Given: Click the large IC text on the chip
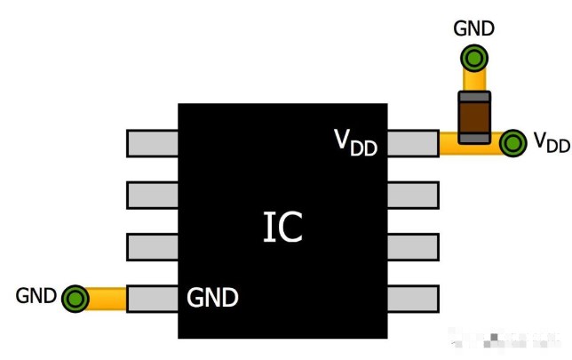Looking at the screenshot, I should pos(283,228).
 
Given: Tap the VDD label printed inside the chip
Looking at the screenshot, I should pos(355,141).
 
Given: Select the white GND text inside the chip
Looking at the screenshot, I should pos(212,298).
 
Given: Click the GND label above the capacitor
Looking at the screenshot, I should pos(473,28).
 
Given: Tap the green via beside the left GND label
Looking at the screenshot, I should pos(75,298).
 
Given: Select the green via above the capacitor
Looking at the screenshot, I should pos(474,60).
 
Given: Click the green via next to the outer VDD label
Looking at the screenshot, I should pos(512,143).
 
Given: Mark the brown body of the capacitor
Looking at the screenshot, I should pos(474,115).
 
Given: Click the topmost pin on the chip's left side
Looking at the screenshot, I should pos(153,143).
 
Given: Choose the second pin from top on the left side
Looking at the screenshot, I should pos(153,195).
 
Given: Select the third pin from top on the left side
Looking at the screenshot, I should pos(153,246).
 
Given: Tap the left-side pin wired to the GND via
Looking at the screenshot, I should pos(153,298).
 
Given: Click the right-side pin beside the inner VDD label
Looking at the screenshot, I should pos(413,143).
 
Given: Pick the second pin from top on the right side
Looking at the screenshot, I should pos(413,195).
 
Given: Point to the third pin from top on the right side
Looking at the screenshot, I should pos(413,246).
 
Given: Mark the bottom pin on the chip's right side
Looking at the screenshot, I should pos(413,298).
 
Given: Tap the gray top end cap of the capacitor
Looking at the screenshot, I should pos(474,95).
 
